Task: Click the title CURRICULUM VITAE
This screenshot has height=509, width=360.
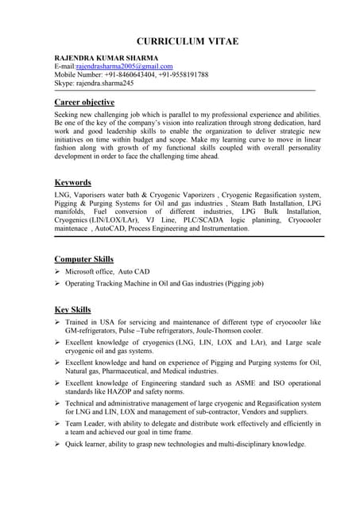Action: click(187, 41)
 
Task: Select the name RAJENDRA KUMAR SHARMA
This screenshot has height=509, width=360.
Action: click(106, 58)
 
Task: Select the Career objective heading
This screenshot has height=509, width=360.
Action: click(84, 103)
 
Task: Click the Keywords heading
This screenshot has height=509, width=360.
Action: click(72, 182)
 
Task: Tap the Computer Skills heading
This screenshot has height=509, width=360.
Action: click(83, 259)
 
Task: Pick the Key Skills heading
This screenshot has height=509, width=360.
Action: click(72, 309)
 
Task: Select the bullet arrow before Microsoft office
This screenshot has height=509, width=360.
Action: click(58, 272)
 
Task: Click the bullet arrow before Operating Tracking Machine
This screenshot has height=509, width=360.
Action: click(58, 283)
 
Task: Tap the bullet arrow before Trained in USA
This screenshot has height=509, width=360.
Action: click(58, 322)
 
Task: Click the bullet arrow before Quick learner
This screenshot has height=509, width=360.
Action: click(58, 445)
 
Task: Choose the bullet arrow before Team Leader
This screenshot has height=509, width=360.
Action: click(58, 424)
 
